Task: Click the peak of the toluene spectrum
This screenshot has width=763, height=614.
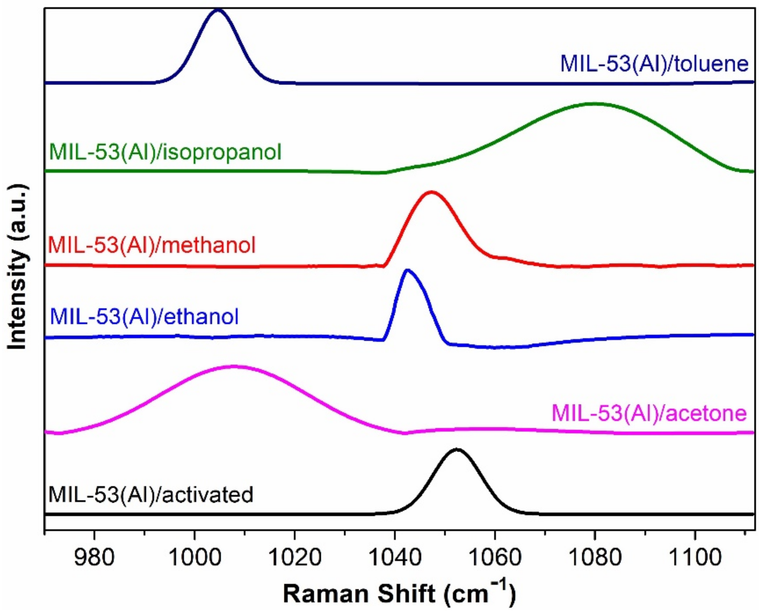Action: point(217,11)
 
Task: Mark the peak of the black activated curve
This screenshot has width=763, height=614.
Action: point(457,450)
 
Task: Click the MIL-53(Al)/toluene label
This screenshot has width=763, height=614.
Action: point(654,64)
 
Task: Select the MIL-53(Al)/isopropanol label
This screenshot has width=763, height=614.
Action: point(165,152)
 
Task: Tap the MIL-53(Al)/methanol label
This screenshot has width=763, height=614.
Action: point(152,245)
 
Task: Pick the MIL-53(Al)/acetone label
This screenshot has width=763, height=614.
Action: point(650,413)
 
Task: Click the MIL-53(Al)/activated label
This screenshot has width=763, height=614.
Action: point(151,494)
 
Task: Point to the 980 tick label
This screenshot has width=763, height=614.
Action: point(94,557)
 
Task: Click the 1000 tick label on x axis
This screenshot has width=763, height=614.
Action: point(194,557)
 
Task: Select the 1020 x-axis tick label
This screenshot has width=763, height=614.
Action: point(295,557)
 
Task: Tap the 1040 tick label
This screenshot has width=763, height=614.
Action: point(395,557)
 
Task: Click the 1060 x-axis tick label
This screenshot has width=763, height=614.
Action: point(495,557)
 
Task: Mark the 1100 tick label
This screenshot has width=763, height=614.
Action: point(695,557)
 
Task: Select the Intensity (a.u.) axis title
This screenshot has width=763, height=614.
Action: point(17,267)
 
